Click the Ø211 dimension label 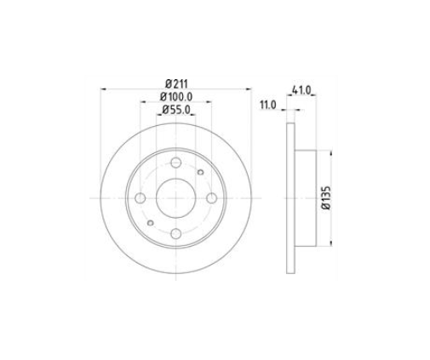coord(175,82)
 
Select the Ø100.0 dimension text coord(175,96)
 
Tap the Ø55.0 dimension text coord(175,110)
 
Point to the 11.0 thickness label coord(267,105)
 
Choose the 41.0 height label coord(299,89)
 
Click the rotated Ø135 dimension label coord(326,197)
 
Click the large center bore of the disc coord(175,197)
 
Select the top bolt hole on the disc coord(175,163)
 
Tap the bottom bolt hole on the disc coord(175,233)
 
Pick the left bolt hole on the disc coord(140,197)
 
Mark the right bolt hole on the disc coord(210,197)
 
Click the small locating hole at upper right coord(200,173)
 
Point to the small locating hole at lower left coord(150,223)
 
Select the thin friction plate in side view coord(289,197)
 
